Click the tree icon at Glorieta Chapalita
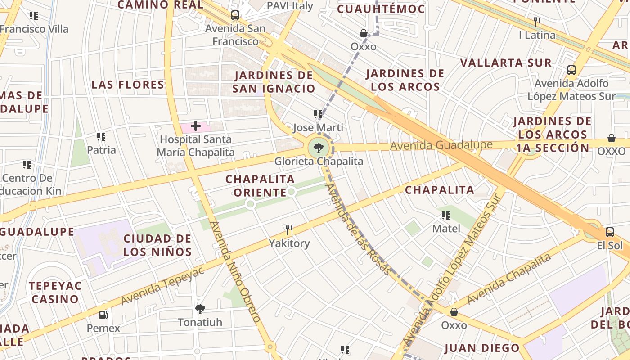(x=319, y=147)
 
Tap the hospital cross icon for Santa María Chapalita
(x=196, y=126)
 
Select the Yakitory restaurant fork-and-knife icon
(x=289, y=230)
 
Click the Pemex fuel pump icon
(x=103, y=315)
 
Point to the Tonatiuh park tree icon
(x=200, y=309)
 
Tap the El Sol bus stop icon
(x=609, y=232)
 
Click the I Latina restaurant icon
(x=537, y=22)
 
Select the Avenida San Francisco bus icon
(x=235, y=15)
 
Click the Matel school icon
(x=446, y=216)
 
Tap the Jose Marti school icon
(x=318, y=114)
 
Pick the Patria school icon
(x=101, y=137)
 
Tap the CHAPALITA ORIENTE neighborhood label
(x=260, y=186)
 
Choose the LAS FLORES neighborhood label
(x=128, y=85)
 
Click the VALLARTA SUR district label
(x=506, y=63)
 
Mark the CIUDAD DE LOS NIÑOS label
(x=157, y=245)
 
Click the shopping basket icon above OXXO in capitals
(x=611, y=138)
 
